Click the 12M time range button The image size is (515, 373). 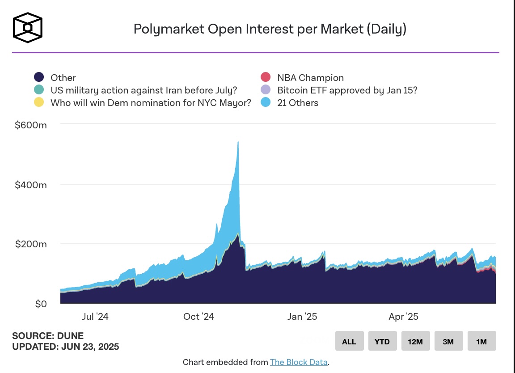pyautogui.click(x=415, y=341)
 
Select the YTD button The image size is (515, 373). pyautogui.click(x=382, y=341)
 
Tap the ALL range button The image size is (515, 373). pyautogui.click(x=349, y=341)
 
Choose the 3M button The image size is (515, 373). pyautogui.click(x=448, y=341)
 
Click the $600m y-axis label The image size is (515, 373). pyautogui.click(x=30, y=125)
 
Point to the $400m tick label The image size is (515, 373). pyautogui.click(x=30, y=184)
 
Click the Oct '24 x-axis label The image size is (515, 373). pyautogui.click(x=198, y=317)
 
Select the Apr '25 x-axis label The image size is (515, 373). pyautogui.click(x=403, y=317)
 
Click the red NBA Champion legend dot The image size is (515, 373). pyautogui.click(x=266, y=77)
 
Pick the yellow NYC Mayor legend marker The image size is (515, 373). pyautogui.click(x=39, y=102)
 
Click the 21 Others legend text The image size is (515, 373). pyautogui.click(x=298, y=102)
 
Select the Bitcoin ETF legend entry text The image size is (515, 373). pyautogui.click(x=347, y=90)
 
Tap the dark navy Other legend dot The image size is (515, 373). pyautogui.click(x=39, y=77)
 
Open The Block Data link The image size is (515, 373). pyautogui.click(x=299, y=362)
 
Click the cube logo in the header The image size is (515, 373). pyautogui.click(x=28, y=28)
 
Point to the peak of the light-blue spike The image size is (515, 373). pyautogui.click(x=238, y=142)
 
